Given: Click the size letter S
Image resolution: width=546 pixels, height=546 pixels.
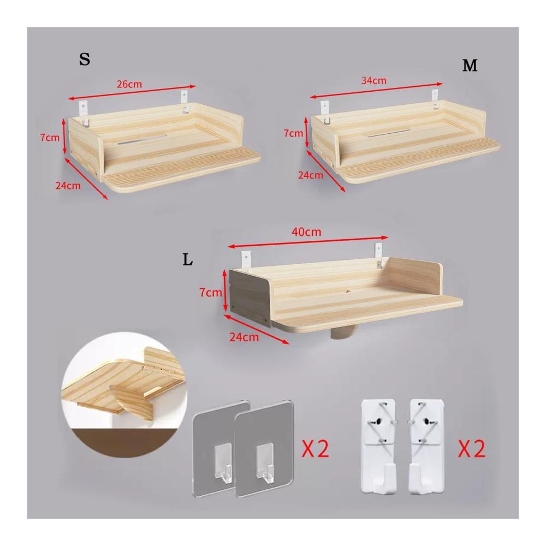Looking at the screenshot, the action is click(x=85, y=59).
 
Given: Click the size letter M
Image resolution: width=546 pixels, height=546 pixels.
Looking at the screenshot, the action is click(x=470, y=65).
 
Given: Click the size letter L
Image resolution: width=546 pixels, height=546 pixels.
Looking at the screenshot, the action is click(x=188, y=260).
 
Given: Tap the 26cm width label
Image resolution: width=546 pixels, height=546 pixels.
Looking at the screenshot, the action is click(x=129, y=84).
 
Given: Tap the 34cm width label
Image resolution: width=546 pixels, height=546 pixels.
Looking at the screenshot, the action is click(x=373, y=80).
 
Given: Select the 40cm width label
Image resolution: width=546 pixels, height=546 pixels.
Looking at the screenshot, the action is click(x=306, y=232).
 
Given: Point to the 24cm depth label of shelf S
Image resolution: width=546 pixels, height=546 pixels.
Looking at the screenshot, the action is click(x=68, y=186).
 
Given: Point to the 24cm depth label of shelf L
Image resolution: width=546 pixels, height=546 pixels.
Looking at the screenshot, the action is click(x=244, y=337).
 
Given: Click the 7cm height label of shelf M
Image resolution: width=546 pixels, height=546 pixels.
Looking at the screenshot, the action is click(x=293, y=133).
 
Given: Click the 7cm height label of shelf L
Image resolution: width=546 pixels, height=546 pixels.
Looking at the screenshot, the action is click(x=211, y=293).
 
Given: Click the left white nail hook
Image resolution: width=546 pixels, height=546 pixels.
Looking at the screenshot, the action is click(x=378, y=447).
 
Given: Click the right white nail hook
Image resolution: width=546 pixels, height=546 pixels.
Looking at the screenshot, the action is click(x=426, y=447).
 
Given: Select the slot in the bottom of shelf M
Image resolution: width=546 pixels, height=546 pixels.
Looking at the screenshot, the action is click(x=389, y=133).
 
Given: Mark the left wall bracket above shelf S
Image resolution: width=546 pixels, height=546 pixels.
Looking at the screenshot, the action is click(x=84, y=112).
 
